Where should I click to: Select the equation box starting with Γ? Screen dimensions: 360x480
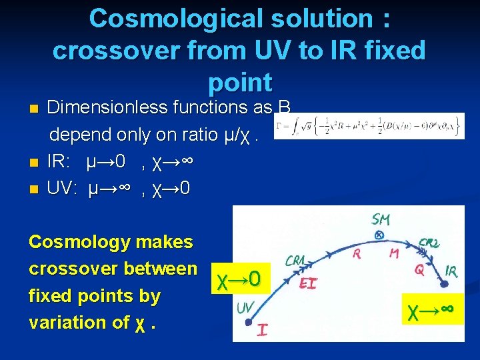coord(369,125)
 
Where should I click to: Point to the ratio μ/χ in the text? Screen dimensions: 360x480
coord(235,134)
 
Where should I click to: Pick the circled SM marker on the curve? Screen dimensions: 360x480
coord(379,235)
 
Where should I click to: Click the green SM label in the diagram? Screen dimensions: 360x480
coord(382,219)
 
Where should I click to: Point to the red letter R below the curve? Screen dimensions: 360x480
coord(357,253)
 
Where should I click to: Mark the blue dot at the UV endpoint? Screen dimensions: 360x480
coord(248,321)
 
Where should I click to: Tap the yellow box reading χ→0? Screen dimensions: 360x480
coord(239,279)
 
